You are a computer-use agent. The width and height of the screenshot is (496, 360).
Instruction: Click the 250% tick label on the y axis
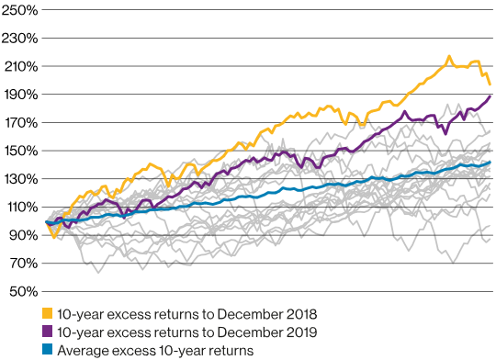click(18, 10)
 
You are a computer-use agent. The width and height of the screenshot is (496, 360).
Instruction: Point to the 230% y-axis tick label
click(18, 39)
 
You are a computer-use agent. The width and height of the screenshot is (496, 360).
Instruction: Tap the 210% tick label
click(18, 67)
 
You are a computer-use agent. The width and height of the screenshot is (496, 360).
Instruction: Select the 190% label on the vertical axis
click(18, 95)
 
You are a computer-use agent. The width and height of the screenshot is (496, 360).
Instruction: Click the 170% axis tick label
click(18, 123)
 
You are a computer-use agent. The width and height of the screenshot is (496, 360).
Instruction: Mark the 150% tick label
click(18, 151)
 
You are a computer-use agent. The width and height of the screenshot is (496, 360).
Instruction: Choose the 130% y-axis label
click(18, 179)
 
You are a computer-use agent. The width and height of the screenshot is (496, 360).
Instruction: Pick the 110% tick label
click(18, 208)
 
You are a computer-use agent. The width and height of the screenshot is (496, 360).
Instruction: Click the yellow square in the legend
click(49, 315)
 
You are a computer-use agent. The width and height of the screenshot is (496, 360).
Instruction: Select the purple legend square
click(49, 332)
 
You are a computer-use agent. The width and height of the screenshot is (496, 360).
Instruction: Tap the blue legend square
click(49, 350)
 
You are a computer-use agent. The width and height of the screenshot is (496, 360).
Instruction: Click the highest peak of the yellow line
click(449, 57)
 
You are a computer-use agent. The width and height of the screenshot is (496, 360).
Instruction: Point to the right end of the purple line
click(490, 96)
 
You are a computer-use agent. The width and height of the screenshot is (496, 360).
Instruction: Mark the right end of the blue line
click(490, 163)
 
